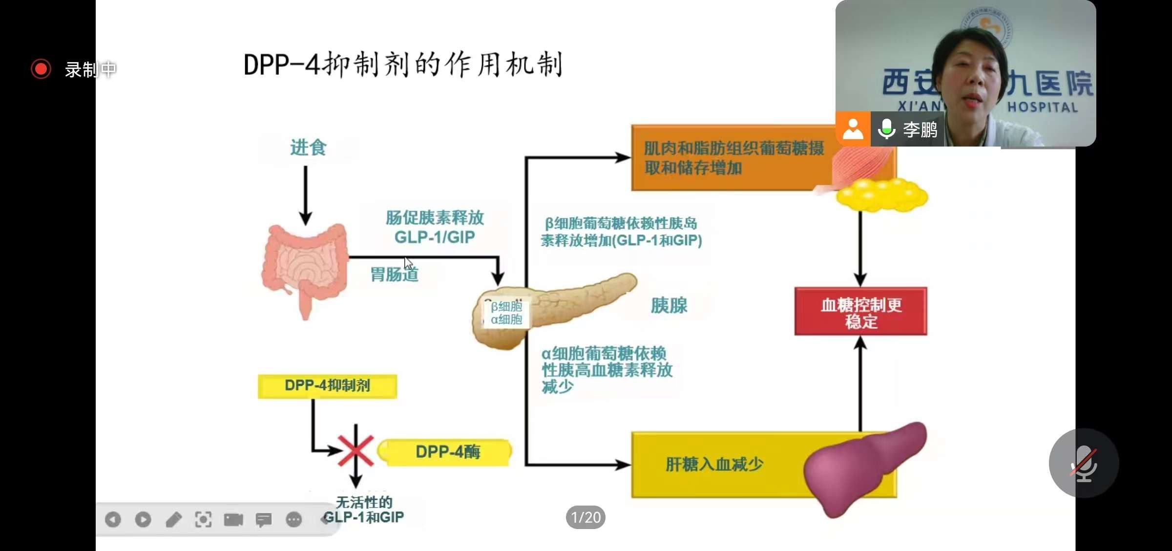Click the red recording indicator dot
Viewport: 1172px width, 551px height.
click(41, 69)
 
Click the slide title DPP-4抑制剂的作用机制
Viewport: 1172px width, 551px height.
click(403, 64)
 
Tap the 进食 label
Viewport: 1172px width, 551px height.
click(308, 148)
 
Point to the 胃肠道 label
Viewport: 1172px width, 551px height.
click(394, 275)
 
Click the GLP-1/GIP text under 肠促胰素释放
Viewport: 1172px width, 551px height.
click(434, 237)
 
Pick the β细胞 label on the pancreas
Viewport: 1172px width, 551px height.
click(506, 306)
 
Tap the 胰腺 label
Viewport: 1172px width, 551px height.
click(669, 306)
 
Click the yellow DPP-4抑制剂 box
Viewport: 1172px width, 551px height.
click(327, 386)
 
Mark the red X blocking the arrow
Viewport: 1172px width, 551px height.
click(356, 450)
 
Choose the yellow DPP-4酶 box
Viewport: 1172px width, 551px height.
click(447, 452)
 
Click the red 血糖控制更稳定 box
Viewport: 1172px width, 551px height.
click(860, 312)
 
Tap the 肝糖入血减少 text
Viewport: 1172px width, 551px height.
click(714, 464)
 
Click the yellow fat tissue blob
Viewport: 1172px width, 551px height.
click(882, 195)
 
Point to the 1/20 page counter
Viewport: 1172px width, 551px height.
click(586, 517)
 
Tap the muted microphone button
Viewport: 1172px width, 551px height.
click(1084, 463)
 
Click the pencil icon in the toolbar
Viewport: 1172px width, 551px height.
click(173, 520)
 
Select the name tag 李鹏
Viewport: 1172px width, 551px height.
click(920, 129)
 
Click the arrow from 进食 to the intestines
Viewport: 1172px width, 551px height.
click(306, 194)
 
